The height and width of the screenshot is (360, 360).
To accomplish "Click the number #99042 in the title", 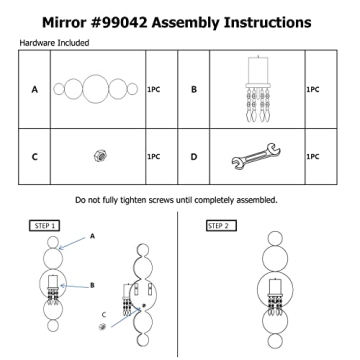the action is tap(117, 23).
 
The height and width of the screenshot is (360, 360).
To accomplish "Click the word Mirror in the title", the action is tap(62, 23).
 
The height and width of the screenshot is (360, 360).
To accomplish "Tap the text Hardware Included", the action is tap(54, 43).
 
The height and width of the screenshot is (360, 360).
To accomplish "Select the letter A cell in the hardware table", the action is tap(34, 89).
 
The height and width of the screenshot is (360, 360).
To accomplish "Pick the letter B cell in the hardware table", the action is tap(194, 89).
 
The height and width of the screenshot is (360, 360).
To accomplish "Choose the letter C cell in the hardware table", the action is tap(34, 157).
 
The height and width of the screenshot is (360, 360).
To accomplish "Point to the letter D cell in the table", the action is tap(194, 157).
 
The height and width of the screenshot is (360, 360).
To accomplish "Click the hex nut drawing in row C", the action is tap(98, 155).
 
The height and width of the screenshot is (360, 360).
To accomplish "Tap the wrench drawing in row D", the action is tap(256, 156).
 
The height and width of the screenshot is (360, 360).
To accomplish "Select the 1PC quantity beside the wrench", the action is tap(313, 157).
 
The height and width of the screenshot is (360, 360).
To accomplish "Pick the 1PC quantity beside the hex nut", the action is tap(154, 157).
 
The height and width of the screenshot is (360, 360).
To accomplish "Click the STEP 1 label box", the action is tap(45, 226).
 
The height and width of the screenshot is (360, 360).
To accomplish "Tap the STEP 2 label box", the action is tap(221, 226).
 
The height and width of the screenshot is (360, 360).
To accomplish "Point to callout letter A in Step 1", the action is tap(92, 236).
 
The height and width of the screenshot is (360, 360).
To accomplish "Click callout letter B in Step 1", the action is tap(92, 285).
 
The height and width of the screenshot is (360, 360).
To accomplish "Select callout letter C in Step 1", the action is tap(104, 314).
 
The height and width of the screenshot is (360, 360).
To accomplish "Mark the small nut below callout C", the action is tap(103, 327).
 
